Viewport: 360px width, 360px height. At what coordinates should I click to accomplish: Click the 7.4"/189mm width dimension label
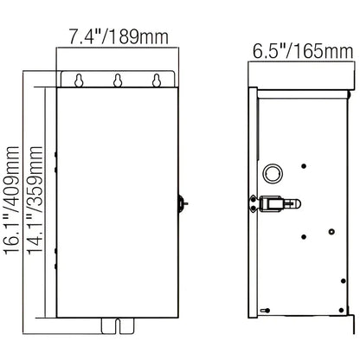pyautogui.click(x=119, y=36)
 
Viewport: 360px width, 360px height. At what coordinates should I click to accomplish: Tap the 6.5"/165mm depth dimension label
pyautogui.click(x=303, y=51)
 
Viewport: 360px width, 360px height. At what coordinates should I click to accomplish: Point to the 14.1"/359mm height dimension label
pyautogui.click(x=35, y=200)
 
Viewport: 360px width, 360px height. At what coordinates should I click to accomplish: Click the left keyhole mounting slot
pyautogui.click(x=79, y=80)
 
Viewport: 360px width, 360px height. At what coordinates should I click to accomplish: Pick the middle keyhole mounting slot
pyautogui.click(x=118, y=80)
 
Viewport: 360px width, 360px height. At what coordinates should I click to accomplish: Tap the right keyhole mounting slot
pyautogui.click(x=157, y=80)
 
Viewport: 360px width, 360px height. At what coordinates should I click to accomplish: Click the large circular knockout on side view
pyautogui.click(x=273, y=174)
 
